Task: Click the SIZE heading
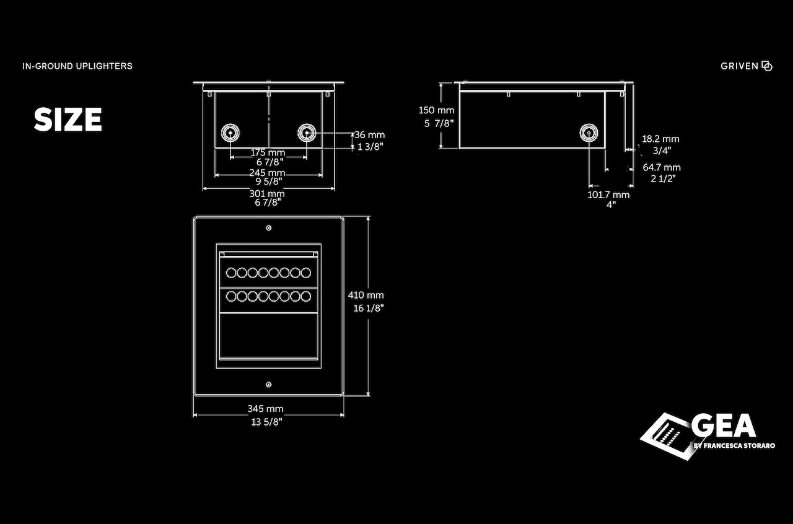68,120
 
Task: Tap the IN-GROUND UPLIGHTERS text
77,66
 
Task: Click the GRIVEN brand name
740,66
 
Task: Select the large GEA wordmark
723,426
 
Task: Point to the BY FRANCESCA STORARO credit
734,445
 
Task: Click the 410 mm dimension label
366,295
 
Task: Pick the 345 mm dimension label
265,409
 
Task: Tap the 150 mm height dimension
436,110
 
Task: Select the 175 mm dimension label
268,152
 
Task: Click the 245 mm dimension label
267,172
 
